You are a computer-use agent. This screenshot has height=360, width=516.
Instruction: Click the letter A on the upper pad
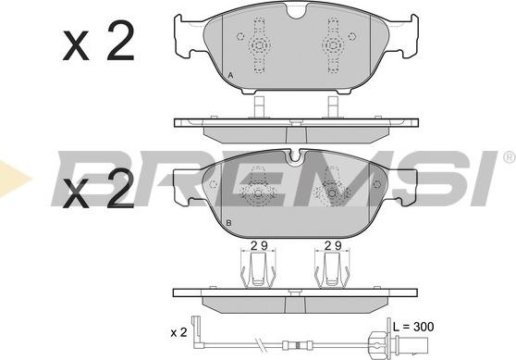(x=230, y=76)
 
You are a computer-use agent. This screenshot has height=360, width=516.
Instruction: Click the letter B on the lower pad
(x=229, y=223)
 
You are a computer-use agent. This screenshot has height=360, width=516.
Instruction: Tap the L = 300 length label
(x=413, y=327)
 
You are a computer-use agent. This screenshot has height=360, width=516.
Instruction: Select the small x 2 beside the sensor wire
(x=178, y=332)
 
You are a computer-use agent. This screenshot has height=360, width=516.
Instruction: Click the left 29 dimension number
(x=259, y=245)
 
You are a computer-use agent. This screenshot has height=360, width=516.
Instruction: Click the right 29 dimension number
(x=333, y=245)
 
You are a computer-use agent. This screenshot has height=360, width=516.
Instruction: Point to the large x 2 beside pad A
(x=99, y=41)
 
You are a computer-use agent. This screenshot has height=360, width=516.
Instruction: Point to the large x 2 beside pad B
(x=99, y=189)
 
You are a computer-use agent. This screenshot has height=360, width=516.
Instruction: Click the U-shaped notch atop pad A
(x=296, y=11)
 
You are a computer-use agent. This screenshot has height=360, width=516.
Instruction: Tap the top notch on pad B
(x=296, y=156)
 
